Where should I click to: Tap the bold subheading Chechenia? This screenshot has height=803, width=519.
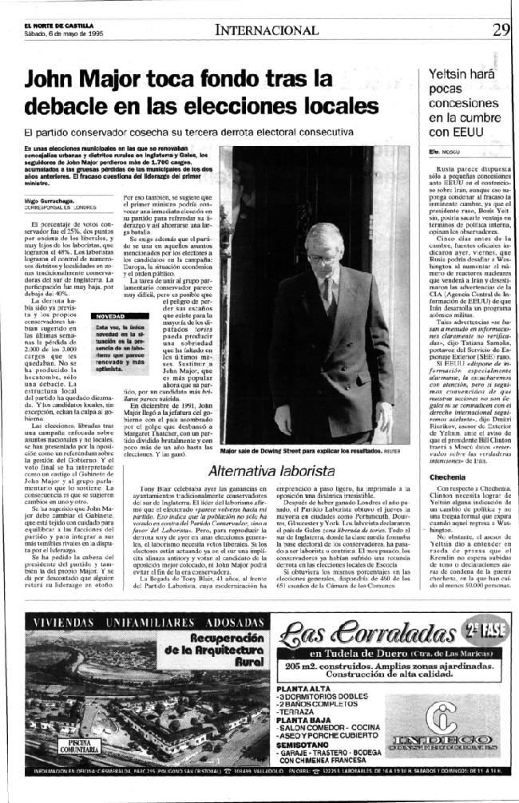click(x=449, y=477)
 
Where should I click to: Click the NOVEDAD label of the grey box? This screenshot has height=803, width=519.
click(x=110, y=316)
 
